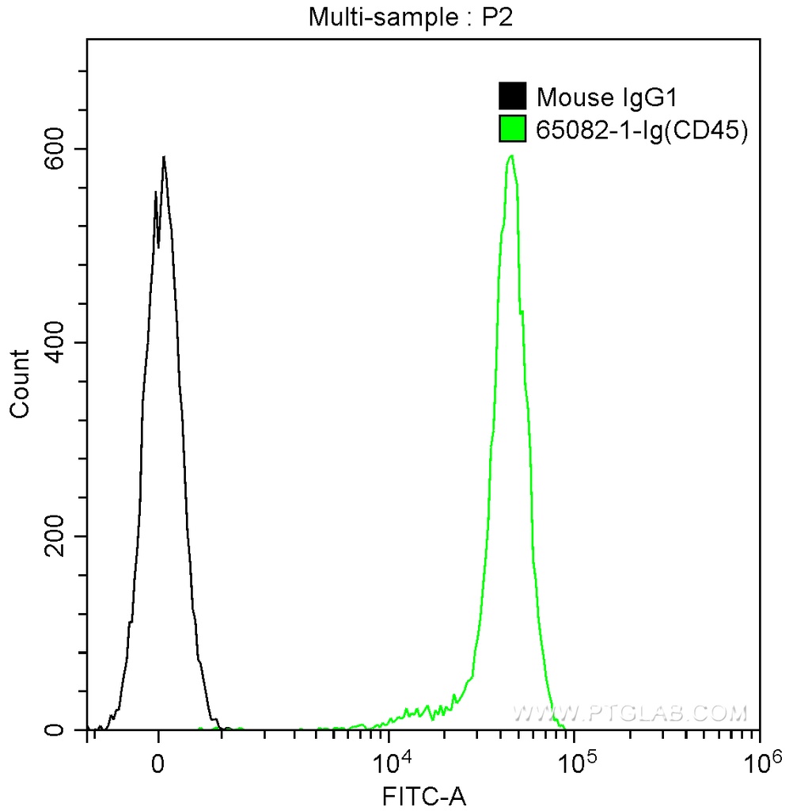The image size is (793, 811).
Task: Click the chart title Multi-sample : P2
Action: pyautogui.click(x=411, y=18)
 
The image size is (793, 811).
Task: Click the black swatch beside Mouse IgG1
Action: pyautogui.click(x=513, y=97)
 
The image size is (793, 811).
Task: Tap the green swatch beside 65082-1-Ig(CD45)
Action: pyautogui.click(x=513, y=128)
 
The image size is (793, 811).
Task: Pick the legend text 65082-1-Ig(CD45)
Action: pyautogui.click(x=642, y=129)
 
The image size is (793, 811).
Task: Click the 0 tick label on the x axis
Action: pyautogui.click(x=159, y=766)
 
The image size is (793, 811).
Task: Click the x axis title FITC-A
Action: pyautogui.click(x=424, y=796)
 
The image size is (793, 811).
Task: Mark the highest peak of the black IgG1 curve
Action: pyautogui.click(x=164, y=157)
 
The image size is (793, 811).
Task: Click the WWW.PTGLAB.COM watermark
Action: pyautogui.click(x=630, y=713)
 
